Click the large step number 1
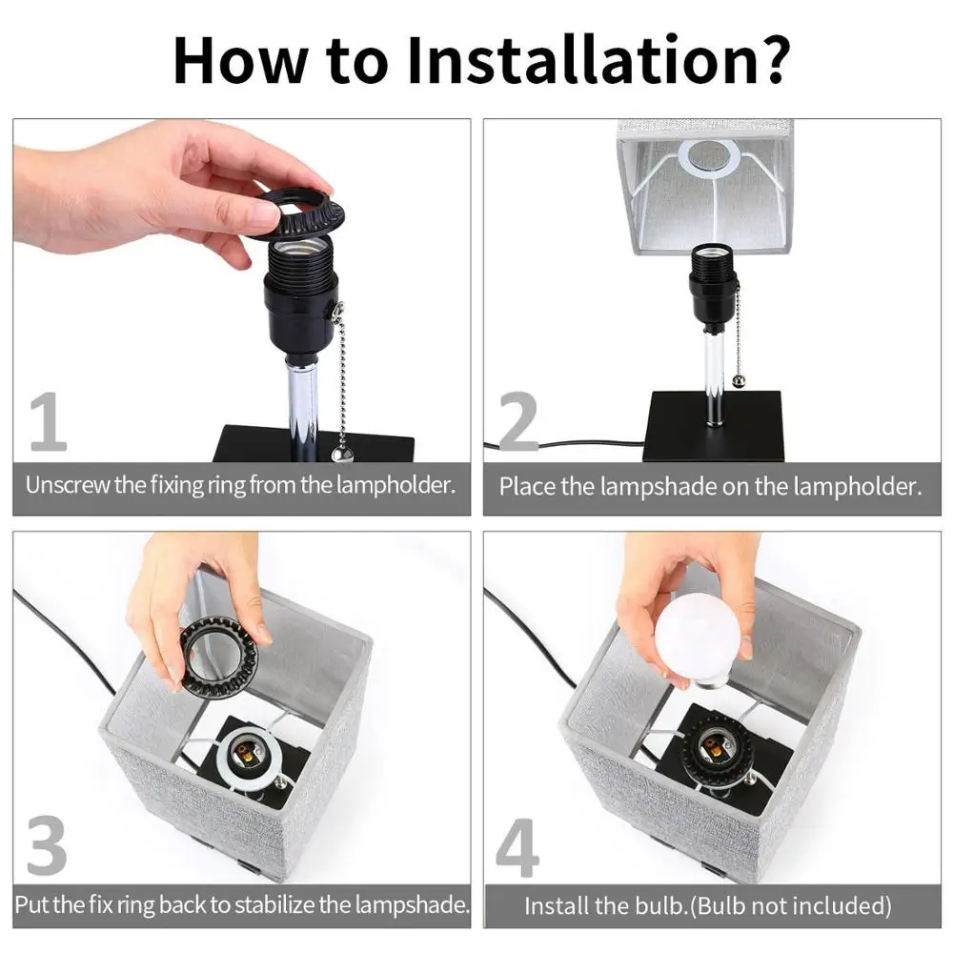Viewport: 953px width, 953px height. (x=48, y=422)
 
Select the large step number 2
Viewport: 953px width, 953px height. (x=517, y=422)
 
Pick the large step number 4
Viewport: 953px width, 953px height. (x=517, y=847)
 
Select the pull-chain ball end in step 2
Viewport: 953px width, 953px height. (x=739, y=382)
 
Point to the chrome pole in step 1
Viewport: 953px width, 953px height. (x=302, y=409)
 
